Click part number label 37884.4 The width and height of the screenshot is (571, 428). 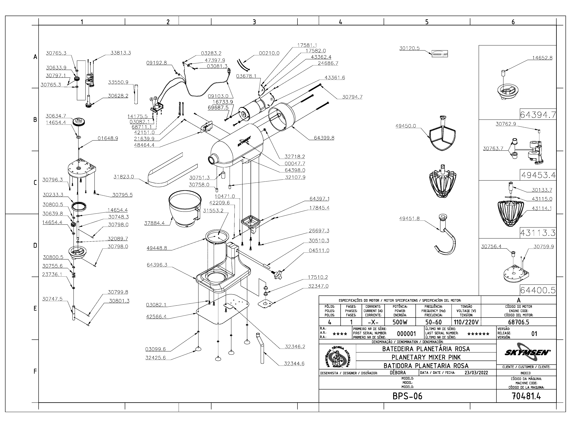154,223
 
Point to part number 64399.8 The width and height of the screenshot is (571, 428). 324,138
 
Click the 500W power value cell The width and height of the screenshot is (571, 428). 400,322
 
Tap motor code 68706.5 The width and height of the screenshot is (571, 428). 519,322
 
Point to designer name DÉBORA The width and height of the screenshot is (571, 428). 398,373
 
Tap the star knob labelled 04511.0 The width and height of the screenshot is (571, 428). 278,274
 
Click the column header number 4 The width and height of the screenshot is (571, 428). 341,22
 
